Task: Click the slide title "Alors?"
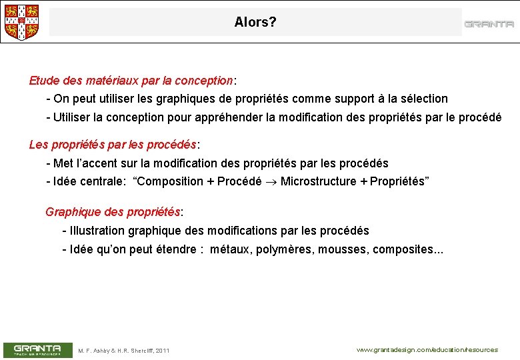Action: point(255,22)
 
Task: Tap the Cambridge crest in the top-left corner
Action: point(21,22)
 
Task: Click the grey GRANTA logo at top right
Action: point(489,24)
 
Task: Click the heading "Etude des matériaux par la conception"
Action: point(131,81)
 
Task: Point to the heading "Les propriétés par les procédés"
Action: point(113,145)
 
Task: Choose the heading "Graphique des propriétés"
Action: point(113,212)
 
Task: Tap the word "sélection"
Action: point(423,99)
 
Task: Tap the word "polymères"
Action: point(283,249)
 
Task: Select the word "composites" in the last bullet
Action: point(403,249)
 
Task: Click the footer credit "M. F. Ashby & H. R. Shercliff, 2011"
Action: point(124,351)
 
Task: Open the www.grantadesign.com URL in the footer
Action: point(427,349)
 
